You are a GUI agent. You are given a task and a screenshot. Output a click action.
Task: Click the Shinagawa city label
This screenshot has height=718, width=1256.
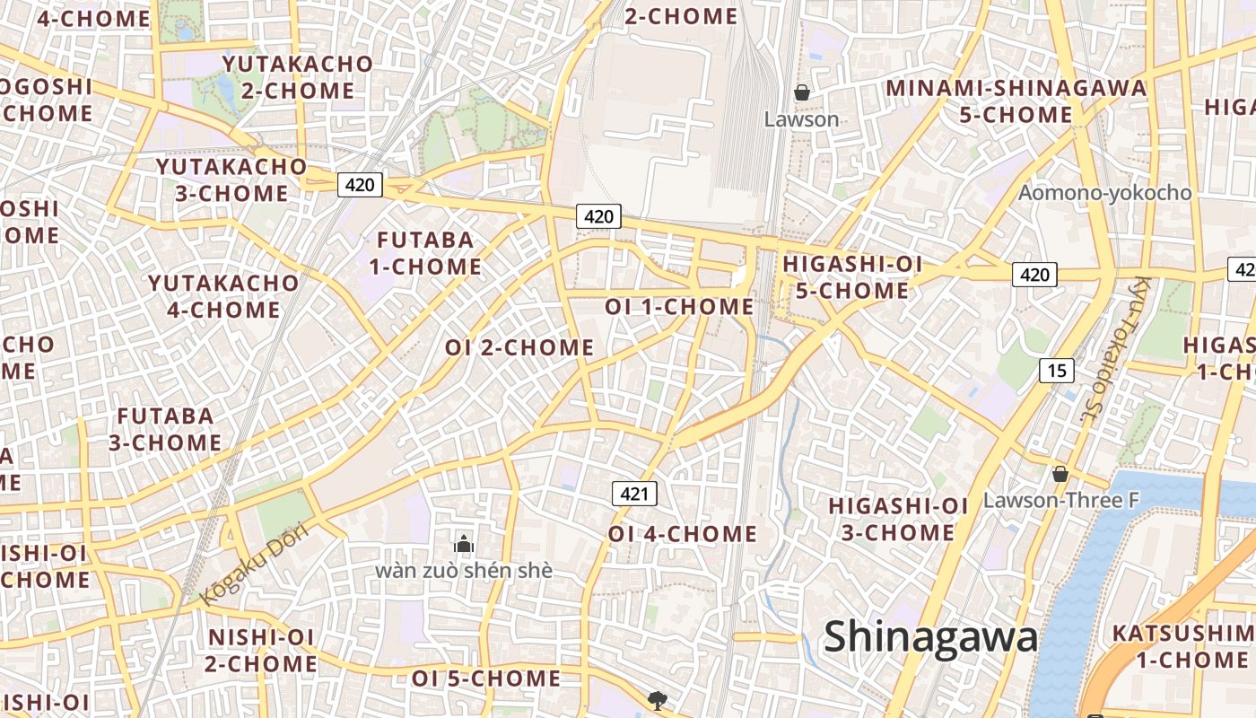tap(930, 637)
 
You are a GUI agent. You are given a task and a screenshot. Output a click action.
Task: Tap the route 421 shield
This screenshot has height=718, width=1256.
tap(634, 493)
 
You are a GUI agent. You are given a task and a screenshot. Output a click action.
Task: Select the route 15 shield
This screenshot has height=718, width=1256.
tap(1057, 369)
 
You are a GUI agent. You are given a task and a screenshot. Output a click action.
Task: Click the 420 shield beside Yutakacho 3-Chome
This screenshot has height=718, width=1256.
tap(360, 185)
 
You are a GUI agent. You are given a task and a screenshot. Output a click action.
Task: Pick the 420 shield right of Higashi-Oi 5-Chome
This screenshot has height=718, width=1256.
tap(1034, 274)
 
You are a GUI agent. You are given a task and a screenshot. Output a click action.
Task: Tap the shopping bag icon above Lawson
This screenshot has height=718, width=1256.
tap(801, 92)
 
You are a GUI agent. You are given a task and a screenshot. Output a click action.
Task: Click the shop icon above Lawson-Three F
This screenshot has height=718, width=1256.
tap(1060, 474)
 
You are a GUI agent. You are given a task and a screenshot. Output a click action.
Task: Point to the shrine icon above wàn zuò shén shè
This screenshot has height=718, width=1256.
tap(464, 543)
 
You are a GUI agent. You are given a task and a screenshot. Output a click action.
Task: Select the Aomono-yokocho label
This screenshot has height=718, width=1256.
tap(1104, 193)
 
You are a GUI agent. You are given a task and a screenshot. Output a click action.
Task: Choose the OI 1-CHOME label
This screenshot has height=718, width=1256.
tap(679, 307)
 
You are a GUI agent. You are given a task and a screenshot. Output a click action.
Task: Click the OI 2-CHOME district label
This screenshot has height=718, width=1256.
tap(519, 347)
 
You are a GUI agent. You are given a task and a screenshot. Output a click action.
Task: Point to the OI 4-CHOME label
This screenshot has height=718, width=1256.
tap(683, 534)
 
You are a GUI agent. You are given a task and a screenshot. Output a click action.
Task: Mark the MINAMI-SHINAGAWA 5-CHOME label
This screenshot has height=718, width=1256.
tap(1016, 101)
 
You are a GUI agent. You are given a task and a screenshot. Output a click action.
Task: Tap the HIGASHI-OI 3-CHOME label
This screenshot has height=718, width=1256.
tap(898, 519)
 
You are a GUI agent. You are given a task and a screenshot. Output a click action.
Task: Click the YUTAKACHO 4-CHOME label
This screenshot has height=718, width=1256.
tap(223, 296)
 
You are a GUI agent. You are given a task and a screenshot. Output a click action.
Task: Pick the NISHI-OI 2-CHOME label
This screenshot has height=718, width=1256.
tap(261, 651)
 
